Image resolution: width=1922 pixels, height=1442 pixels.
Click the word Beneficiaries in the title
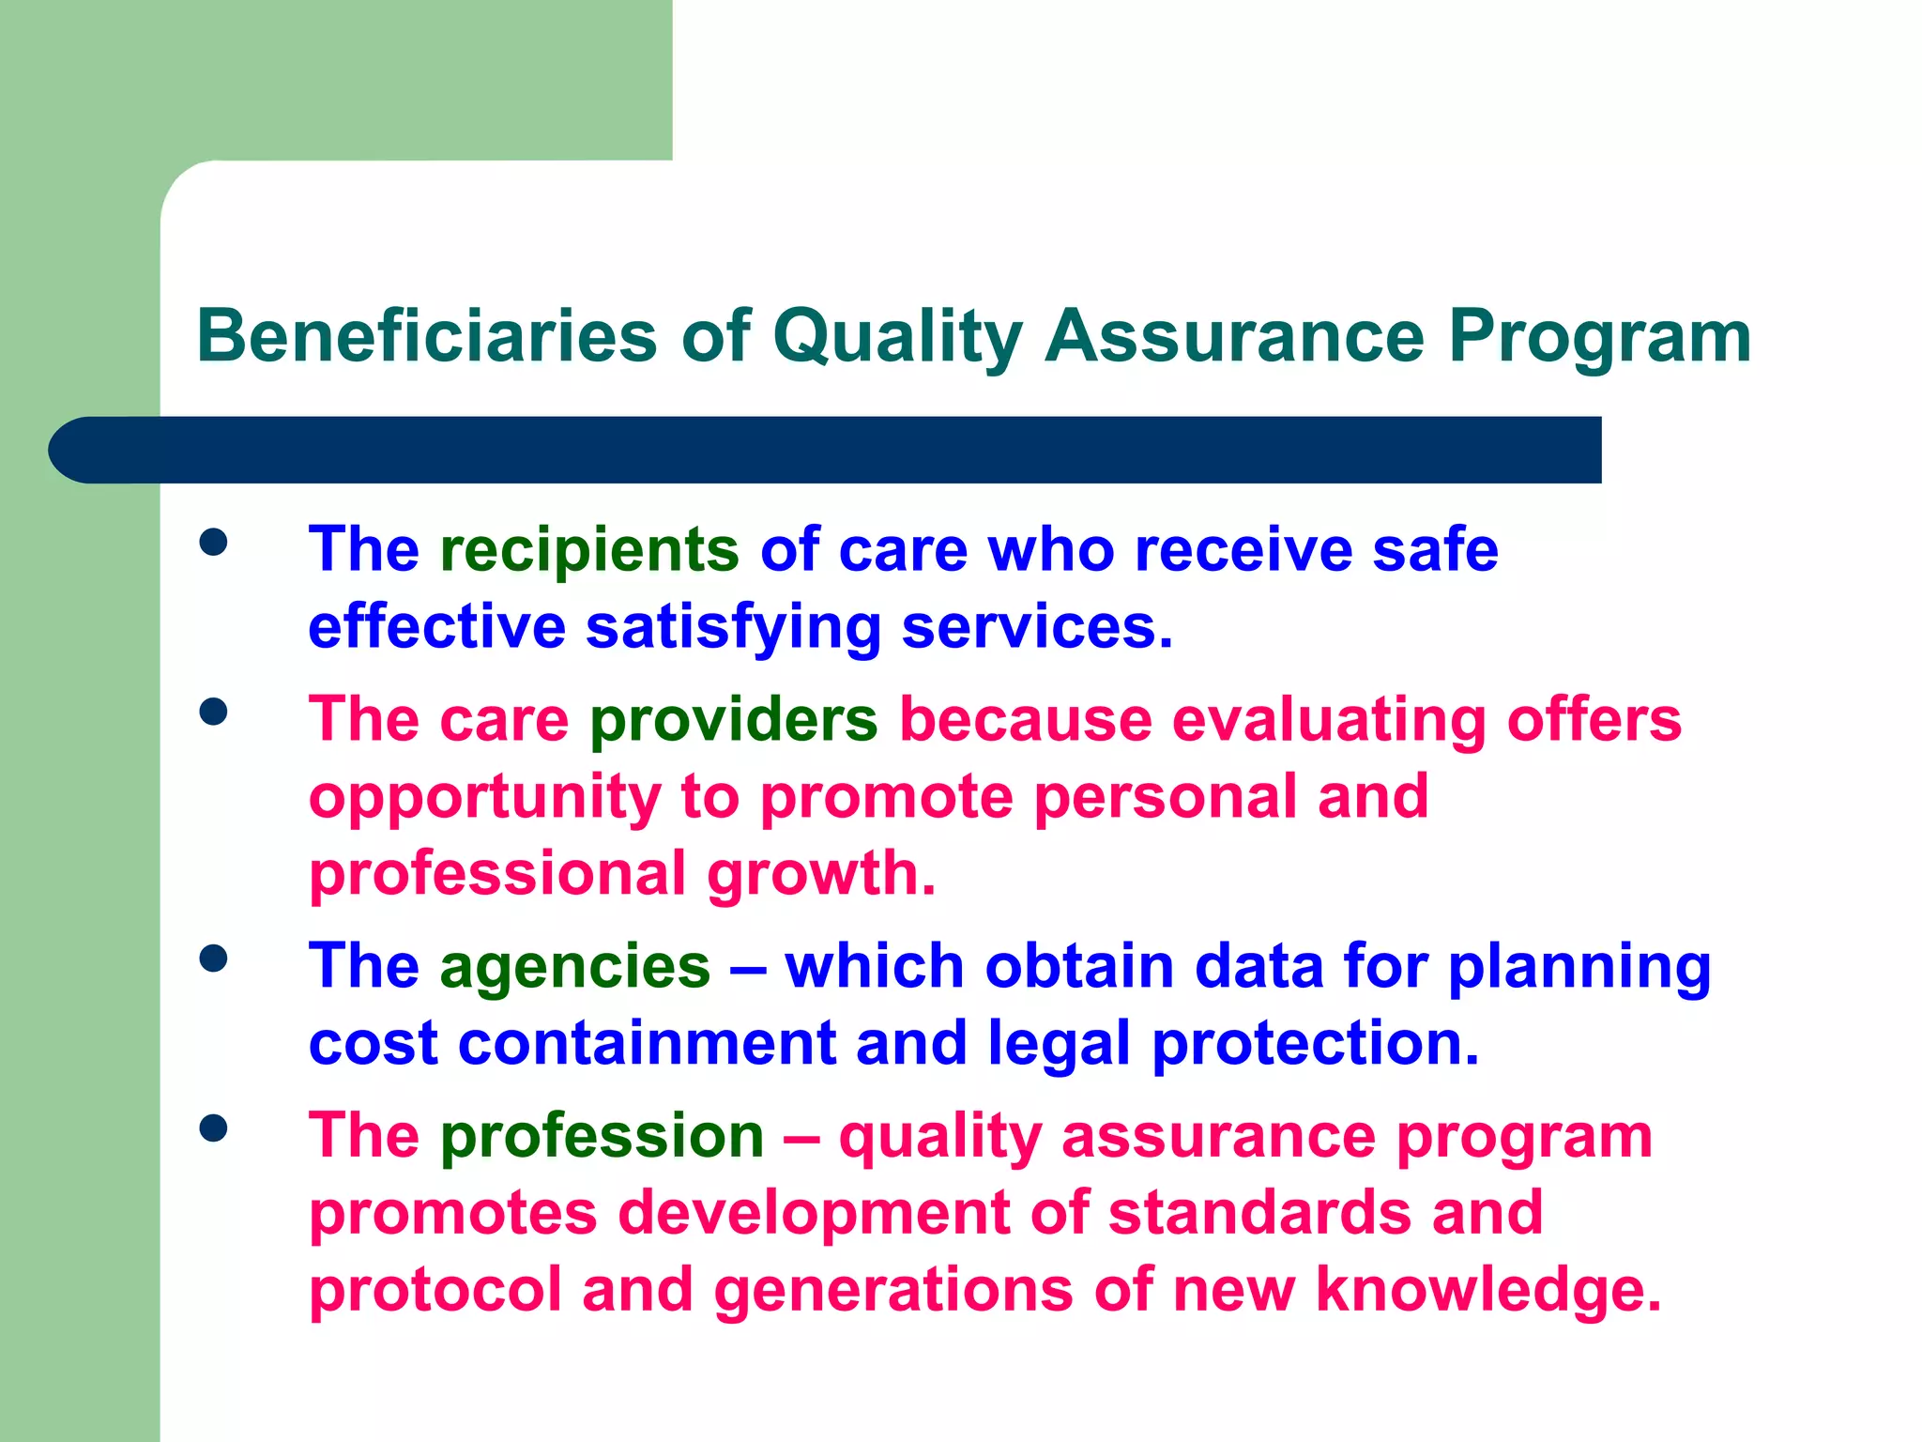click(427, 336)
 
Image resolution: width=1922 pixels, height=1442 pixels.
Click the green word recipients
click(590, 549)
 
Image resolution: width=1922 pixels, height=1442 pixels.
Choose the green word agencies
click(575, 966)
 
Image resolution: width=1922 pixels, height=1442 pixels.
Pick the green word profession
click(603, 1136)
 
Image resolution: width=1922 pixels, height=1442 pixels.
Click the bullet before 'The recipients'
click(214, 542)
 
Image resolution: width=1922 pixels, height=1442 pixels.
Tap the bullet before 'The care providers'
click(214, 712)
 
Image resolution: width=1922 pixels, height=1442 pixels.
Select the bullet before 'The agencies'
click(214, 959)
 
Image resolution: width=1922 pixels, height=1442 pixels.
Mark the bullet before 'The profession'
click(214, 1128)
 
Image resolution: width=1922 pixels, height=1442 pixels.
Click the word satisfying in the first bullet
click(733, 627)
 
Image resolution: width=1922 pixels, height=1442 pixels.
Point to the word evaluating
click(1329, 720)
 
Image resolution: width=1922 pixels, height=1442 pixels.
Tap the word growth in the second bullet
click(821, 874)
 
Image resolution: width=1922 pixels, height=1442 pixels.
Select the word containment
click(647, 1043)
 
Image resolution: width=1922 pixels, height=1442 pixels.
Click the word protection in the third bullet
click(1315, 1043)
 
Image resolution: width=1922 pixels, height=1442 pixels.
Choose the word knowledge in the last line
click(1487, 1289)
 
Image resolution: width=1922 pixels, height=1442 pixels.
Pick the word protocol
click(435, 1289)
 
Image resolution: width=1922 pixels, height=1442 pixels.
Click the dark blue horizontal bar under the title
click(826, 450)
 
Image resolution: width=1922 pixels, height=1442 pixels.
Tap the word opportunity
click(484, 798)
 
